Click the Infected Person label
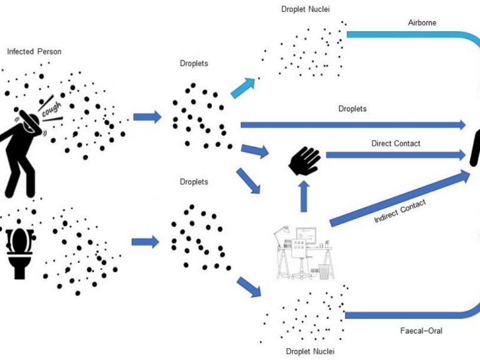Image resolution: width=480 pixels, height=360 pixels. click(34, 51)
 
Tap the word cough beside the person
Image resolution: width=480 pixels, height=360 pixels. click(52, 107)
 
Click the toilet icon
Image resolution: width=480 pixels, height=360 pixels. click(20, 249)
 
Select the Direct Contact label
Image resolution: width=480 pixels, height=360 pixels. click(396, 143)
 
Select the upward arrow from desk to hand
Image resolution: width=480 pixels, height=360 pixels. click(304, 194)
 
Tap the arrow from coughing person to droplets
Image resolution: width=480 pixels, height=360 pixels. click(147, 117)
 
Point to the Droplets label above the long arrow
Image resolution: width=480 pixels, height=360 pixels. click(352, 109)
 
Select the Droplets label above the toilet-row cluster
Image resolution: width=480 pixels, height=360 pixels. click(194, 182)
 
